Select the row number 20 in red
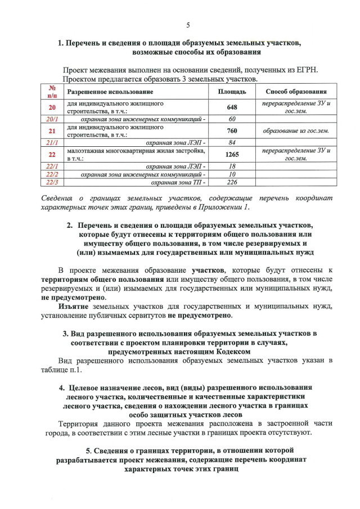[52, 107]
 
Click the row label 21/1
[52, 143]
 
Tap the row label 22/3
[52, 182]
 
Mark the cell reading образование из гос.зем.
[296, 131]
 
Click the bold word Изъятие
[75, 307]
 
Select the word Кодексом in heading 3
[235, 350]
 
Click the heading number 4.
[61, 388]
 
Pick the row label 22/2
[52, 174]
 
